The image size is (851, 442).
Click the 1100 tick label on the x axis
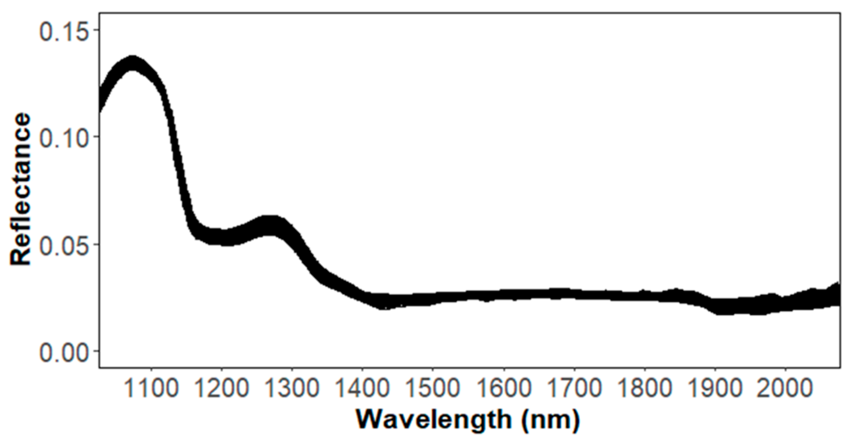pos(151,388)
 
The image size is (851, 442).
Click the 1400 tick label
pos(362,388)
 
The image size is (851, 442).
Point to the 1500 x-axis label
pos(433,388)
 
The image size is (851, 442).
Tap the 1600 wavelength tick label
pos(503,388)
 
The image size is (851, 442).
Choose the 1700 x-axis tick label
pos(574,388)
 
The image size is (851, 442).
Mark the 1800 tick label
pos(644,388)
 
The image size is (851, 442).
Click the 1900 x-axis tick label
pos(715,388)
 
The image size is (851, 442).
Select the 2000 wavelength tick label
pos(785,388)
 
